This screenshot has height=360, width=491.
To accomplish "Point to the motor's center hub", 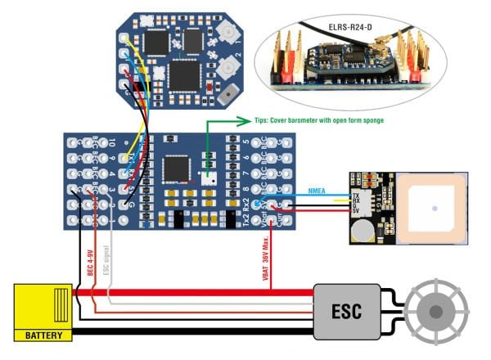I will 440,312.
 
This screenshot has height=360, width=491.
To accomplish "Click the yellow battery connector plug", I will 44,307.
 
